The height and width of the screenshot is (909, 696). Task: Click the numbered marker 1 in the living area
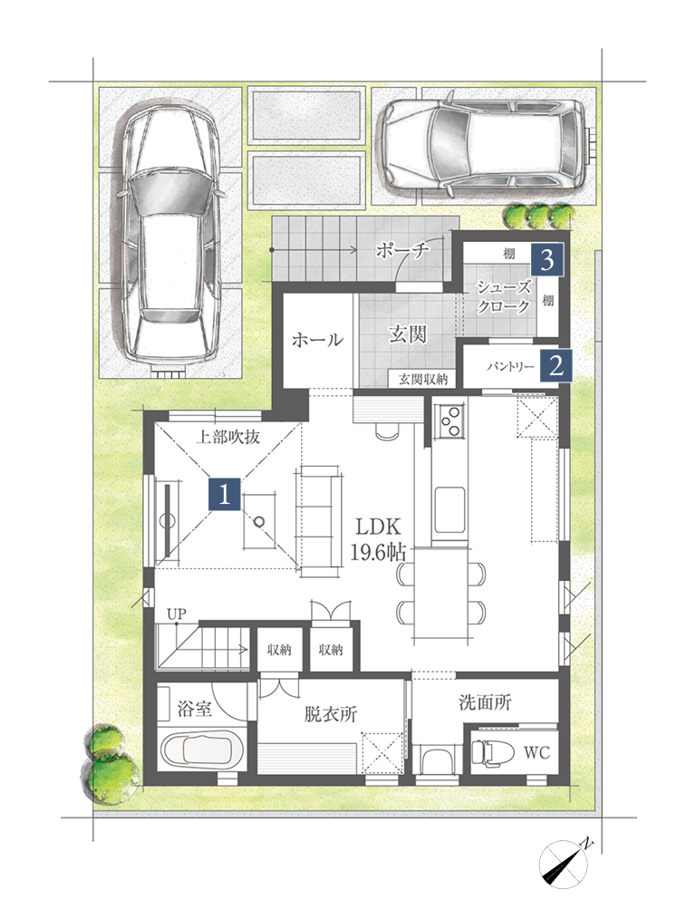(x=224, y=494)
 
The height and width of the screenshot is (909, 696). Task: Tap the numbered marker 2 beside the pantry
(x=556, y=365)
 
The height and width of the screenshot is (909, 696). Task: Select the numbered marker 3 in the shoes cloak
(x=547, y=260)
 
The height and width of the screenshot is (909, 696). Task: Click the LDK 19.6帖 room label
(x=378, y=539)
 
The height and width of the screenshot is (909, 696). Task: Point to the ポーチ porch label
(x=402, y=250)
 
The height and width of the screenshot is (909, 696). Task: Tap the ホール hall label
(x=317, y=339)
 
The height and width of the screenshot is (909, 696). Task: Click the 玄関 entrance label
(x=408, y=334)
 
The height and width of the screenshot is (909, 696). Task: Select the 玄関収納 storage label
(x=422, y=379)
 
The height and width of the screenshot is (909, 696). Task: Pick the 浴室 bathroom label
(x=194, y=709)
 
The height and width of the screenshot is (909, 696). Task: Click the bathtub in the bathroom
(x=202, y=749)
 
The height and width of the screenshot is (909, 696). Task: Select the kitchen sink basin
(x=449, y=510)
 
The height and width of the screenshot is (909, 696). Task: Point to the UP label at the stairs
(x=176, y=614)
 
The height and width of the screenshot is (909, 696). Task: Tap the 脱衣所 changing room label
(x=330, y=713)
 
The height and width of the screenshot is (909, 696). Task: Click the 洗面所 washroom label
(x=485, y=702)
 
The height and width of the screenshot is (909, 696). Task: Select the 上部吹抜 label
(x=227, y=437)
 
